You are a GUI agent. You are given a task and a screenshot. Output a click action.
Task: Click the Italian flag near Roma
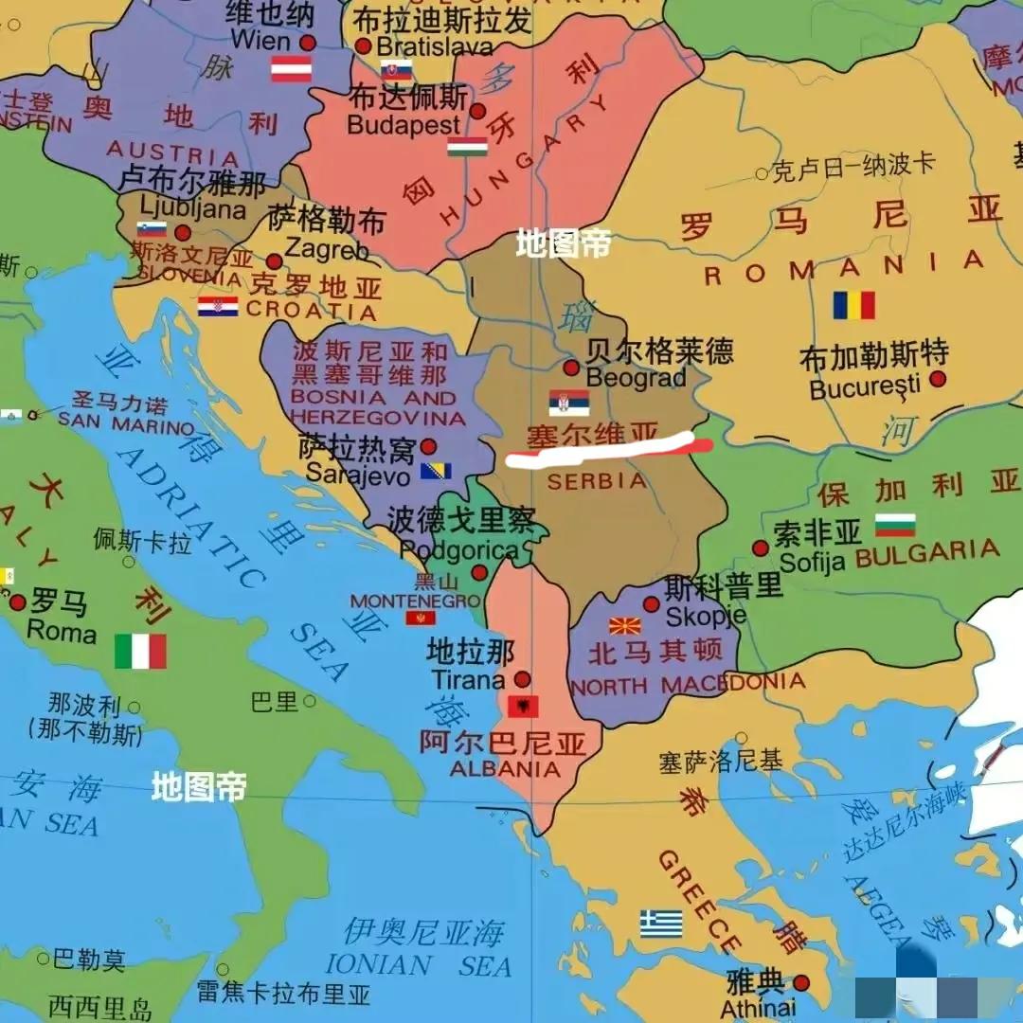(140, 651)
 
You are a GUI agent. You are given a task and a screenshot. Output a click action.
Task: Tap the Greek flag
(660, 924)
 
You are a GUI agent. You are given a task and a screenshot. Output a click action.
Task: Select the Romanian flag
(853, 305)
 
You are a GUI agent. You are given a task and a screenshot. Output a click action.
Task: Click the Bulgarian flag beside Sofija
(895, 525)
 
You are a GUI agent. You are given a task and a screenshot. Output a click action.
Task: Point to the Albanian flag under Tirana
(523, 706)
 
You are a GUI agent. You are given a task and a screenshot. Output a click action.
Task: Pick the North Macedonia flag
(624, 625)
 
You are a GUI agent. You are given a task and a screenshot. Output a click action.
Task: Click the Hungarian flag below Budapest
(467, 147)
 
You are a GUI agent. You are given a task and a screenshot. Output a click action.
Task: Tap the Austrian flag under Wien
(291, 69)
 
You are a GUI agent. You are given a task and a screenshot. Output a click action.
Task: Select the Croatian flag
(218, 306)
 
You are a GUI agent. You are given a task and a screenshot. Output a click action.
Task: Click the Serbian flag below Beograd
(568, 403)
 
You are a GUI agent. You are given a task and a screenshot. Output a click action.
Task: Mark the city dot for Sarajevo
(428, 446)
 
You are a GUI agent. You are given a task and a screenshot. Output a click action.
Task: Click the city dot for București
(937, 379)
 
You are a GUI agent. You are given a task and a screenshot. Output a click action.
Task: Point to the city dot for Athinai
(801, 983)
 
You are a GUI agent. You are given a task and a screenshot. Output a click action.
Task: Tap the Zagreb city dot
(274, 261)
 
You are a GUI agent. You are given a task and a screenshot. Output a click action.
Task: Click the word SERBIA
(597, 481)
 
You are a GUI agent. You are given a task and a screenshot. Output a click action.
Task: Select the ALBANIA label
(505, 769)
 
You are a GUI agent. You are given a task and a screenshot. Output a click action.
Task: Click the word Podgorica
(458, 550)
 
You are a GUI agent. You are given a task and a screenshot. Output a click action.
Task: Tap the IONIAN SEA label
(418, 964)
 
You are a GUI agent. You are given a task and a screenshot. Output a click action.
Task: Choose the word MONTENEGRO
(415, 601)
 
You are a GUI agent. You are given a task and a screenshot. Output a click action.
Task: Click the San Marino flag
(9, 416)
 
